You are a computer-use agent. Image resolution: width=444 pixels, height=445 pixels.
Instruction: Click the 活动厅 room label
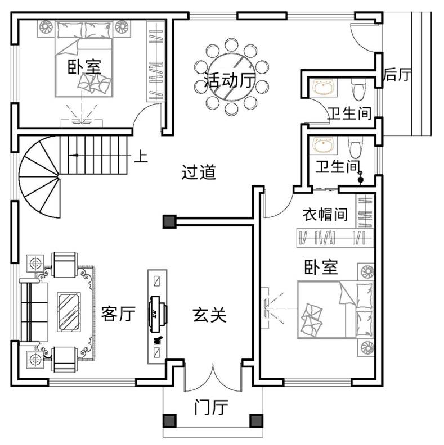click(x=230, y=80)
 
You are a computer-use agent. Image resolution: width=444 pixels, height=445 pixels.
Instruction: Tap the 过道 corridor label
click(x=199, y=172)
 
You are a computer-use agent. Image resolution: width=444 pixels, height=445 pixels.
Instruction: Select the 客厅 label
click(x=118, y=314)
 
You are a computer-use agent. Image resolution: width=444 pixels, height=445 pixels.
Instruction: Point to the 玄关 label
click(x=209, y=315)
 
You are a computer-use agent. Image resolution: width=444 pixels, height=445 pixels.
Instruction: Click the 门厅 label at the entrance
click(x=211, y=407)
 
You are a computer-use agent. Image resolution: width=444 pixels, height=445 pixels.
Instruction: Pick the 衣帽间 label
click(x=325, y=214)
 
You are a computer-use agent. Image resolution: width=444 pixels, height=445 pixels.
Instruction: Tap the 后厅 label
click(x=397, y=75)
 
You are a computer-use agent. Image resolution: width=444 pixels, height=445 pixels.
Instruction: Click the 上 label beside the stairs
click(x=141, y=157)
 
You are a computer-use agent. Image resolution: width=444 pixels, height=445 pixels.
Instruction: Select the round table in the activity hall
click(x=231, y=76)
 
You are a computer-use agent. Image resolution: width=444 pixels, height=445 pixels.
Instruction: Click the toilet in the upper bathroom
click(x=358, y=89)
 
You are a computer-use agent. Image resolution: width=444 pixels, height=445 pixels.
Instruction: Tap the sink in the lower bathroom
click(x=324, y=144)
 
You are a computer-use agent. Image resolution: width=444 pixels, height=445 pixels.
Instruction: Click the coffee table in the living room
click(x=69, y=312)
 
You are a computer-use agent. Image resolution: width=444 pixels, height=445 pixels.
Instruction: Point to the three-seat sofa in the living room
click(x=34, y=312)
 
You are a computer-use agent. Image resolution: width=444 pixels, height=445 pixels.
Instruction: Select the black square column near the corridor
click(x=170, y=221)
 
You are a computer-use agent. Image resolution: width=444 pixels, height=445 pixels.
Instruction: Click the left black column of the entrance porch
click(x=170, y=421)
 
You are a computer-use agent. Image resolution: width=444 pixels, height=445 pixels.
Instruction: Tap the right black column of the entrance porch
click(x=257, y=421)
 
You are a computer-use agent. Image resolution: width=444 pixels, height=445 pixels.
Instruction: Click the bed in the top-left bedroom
click(x=84, y=59)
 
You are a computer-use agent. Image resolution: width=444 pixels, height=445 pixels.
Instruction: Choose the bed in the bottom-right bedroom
click(x=336, y=310)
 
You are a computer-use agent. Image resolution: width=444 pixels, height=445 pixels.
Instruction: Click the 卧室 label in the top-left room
click(x=84, y=67)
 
